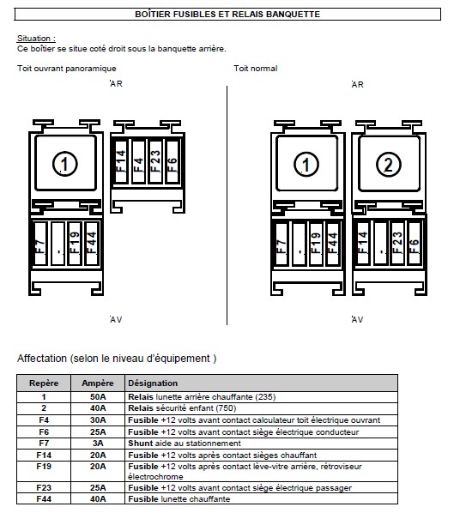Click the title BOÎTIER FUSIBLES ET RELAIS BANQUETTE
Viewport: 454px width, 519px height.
(x=227, y=15)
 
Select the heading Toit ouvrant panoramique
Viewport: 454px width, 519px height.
(x=67, y=69)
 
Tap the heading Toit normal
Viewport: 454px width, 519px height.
(x=256, y=69)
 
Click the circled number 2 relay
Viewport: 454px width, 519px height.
(x=389, y=164)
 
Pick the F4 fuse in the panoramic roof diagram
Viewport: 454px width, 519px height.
(x=138, y=162)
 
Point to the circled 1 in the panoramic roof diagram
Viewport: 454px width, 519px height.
(x=65, y=164)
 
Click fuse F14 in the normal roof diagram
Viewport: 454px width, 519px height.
(x=363, y=243)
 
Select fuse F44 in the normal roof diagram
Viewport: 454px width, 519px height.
(x=332, y=244)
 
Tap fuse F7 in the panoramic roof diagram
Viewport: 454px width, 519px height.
(x=40, y=244)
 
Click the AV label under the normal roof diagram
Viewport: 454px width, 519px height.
(x=358, y=320)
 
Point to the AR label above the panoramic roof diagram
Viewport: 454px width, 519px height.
(x=116, y=84)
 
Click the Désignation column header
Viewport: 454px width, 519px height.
(x=153, y=383)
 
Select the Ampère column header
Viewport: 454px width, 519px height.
(x=98, y=383)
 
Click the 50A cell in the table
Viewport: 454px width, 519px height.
(x=98, y=397)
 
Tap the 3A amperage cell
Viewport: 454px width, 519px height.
(x=98, y=444)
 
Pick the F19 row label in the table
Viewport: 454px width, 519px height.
(x=44, y=467)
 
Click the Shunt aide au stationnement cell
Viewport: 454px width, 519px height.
(x=185, y=444)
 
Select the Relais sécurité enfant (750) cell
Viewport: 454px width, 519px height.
(x=182, y=408)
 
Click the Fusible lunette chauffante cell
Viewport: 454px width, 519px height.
(x=179, y=498)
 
